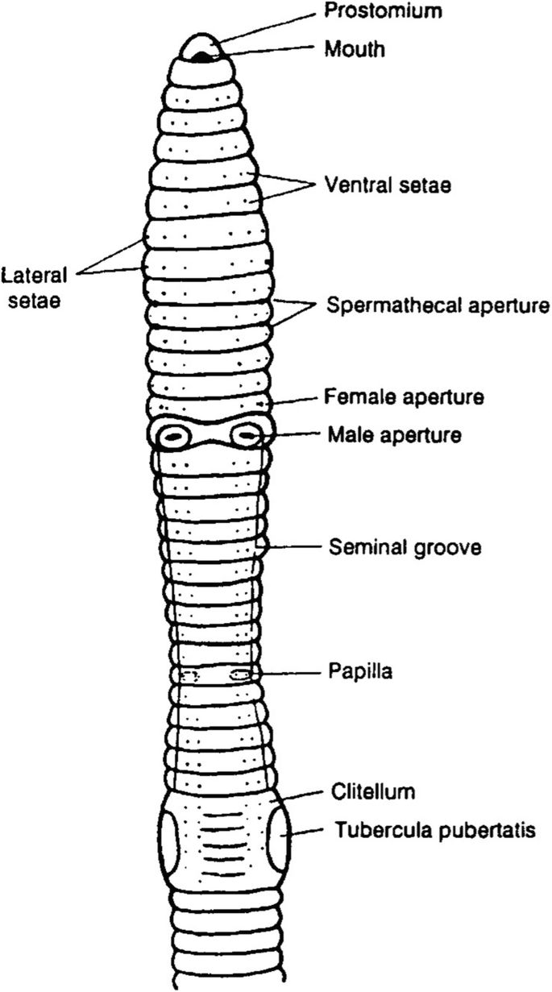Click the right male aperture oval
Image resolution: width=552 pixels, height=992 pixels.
tap(246, 437)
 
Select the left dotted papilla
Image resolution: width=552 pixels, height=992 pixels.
tap(190, 675)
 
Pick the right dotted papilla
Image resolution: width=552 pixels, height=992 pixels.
tap(239, 674)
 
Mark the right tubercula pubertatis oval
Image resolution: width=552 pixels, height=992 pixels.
tap(277, 839)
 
